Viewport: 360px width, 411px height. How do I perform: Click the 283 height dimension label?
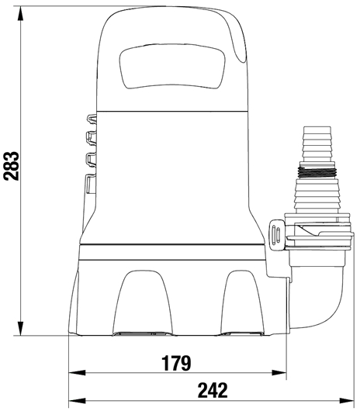(12, 166)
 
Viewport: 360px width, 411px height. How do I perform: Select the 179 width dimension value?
(176, 363)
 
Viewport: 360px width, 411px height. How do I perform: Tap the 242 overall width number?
(213, 391)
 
